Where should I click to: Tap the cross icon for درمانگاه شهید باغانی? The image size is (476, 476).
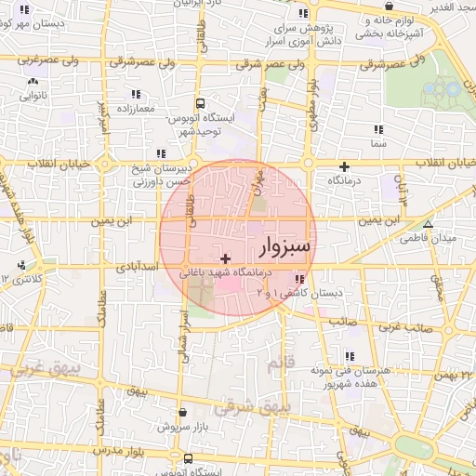[225, 258]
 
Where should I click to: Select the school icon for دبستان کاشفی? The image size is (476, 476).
[298, 279]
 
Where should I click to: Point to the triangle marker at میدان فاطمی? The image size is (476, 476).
[428, 224]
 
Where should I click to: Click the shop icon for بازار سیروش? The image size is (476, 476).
[183, 412]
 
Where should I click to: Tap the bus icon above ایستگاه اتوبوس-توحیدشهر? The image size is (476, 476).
[200, 104]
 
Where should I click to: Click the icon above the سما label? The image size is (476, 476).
[377, 131]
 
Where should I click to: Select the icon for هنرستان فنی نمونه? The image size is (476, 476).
[350, 356]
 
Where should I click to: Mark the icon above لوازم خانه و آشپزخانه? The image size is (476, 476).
[383, 20]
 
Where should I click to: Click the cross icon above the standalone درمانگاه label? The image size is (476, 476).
[344, 165]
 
